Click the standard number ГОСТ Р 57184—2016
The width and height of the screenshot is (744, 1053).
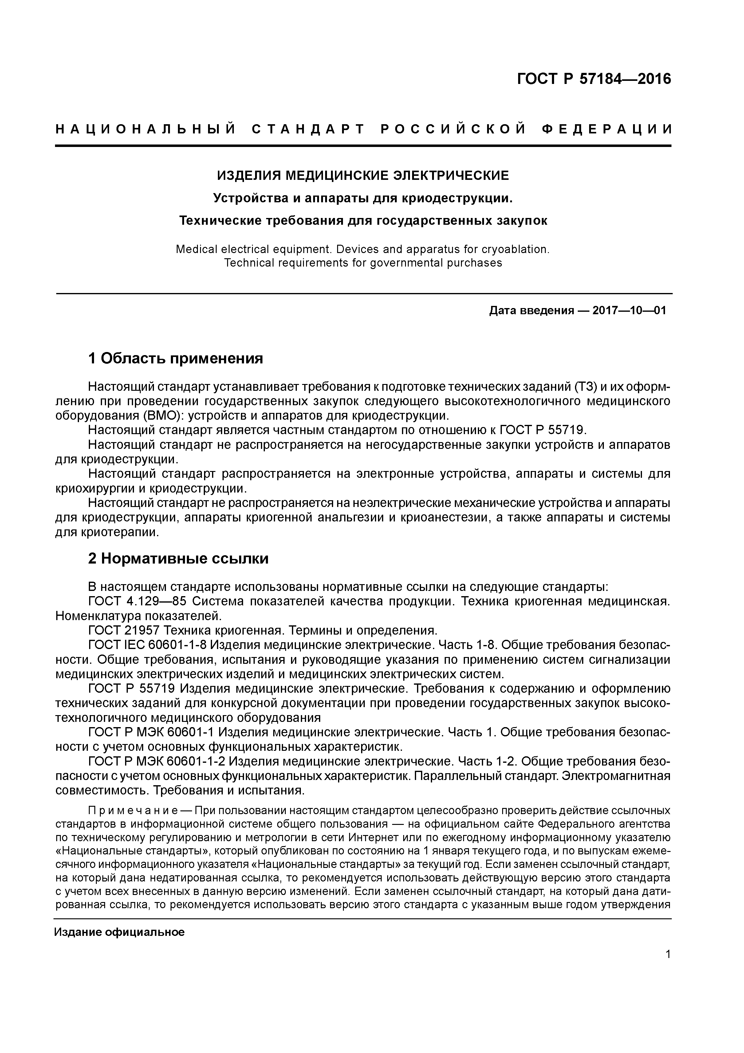[594, 79]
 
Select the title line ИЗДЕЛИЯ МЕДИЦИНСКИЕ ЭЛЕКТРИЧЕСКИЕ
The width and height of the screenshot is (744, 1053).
[363, 175]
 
